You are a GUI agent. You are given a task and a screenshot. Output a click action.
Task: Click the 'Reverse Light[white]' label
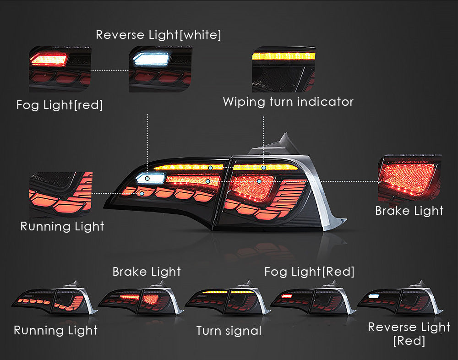pos(158,35)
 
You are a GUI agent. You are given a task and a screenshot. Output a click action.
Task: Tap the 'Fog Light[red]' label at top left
pos(60,105)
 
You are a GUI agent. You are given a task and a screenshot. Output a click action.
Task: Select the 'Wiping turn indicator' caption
pos(288,102)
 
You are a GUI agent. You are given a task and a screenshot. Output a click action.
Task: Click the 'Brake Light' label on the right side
pos(409,211)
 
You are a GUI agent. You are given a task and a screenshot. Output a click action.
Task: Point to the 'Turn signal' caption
pos(229,331)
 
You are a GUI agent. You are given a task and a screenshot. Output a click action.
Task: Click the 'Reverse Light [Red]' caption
pos(409,334)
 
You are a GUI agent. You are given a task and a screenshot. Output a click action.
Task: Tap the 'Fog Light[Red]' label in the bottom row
pos(309,272)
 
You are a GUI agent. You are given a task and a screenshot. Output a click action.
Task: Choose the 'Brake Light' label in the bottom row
pos(147,272)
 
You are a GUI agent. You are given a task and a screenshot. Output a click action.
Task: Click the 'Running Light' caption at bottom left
pos(55,330)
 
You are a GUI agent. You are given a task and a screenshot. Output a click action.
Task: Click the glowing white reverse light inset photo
pos(160,69)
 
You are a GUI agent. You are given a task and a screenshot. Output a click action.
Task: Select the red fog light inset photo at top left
pos(60,69)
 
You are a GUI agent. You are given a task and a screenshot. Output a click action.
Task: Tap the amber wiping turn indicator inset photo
pos(284,69)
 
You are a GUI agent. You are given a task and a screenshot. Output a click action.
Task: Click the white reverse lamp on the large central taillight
pos(151,178)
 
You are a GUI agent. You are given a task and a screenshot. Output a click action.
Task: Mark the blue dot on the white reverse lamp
pos(147,178)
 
